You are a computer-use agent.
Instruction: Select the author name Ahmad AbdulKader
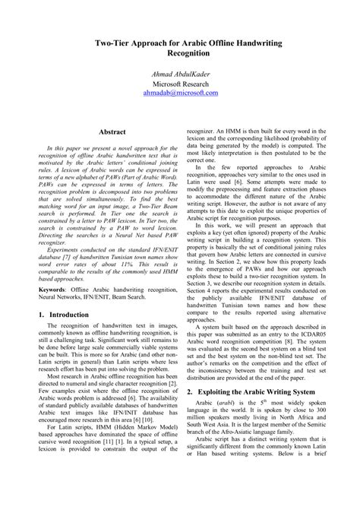click(180, 81)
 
